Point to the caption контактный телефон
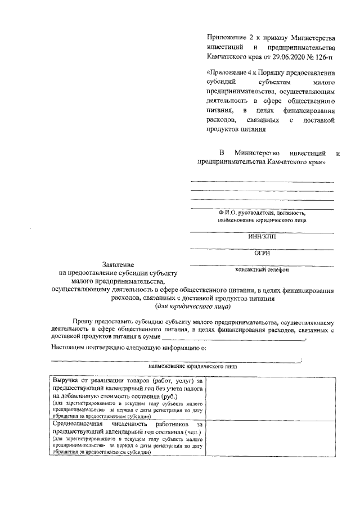tap(262, 270)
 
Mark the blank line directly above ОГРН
tap(262, 248)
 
